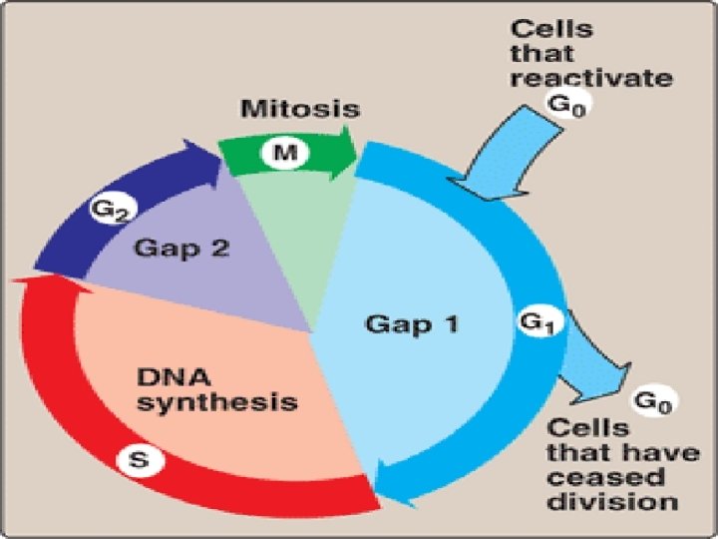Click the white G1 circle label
click(x=535, y=322)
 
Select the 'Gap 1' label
click(x=413, y=323)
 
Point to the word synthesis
click(x=216, y=403)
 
